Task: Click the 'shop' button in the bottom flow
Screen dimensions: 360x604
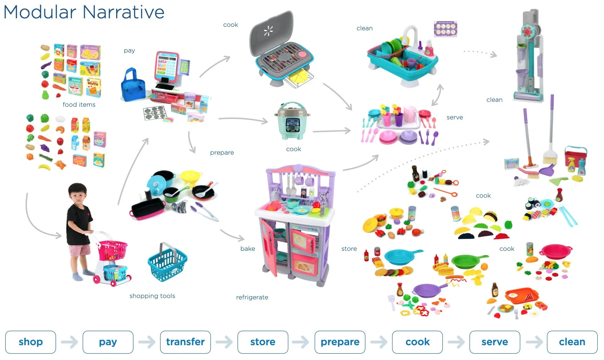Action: pyautogui.click(x=31, y=342)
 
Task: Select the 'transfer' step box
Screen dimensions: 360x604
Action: pyautogui.click(x=185, y=342)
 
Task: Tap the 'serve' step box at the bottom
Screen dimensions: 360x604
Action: pyautogui.click(x=495, y=342)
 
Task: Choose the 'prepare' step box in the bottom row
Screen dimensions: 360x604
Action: pyautogui.click(x=340, y=342)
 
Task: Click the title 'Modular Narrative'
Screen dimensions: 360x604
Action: pyautogui.click(x=84, y=12)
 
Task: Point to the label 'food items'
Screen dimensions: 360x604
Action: pyautogui.click(x=79, y=105)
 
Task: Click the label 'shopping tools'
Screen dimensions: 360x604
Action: pyautogui.click(x=152, y=296)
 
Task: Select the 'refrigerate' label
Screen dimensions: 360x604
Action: pyautogui.click(x=252, y=297)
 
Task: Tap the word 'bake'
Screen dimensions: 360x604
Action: pyautogui.click(x=247, y=249)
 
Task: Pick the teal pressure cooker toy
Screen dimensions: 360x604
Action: pyautogui.click(x=292, y=121)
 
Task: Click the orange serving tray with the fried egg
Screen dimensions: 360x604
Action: pyautogui.click(x=521, y=295)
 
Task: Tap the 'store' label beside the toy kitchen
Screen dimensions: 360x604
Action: pyautogui.click(x=349, y=249)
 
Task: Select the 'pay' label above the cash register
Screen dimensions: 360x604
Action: pyautogui.click(x=129, y=50)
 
